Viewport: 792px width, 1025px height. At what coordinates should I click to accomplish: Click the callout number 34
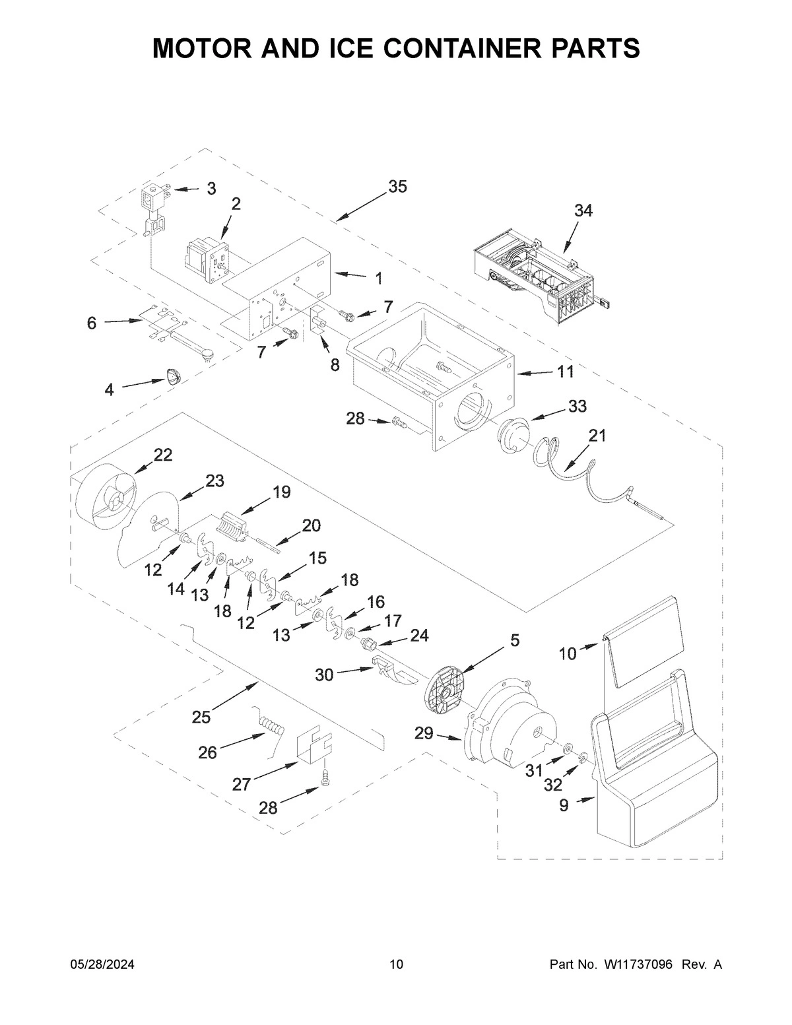[583, 211]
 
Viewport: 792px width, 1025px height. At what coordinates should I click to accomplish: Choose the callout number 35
[397, 187]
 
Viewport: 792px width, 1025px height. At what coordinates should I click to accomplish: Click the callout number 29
[424, 733]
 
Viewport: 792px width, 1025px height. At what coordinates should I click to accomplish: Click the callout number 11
[565, 372]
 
